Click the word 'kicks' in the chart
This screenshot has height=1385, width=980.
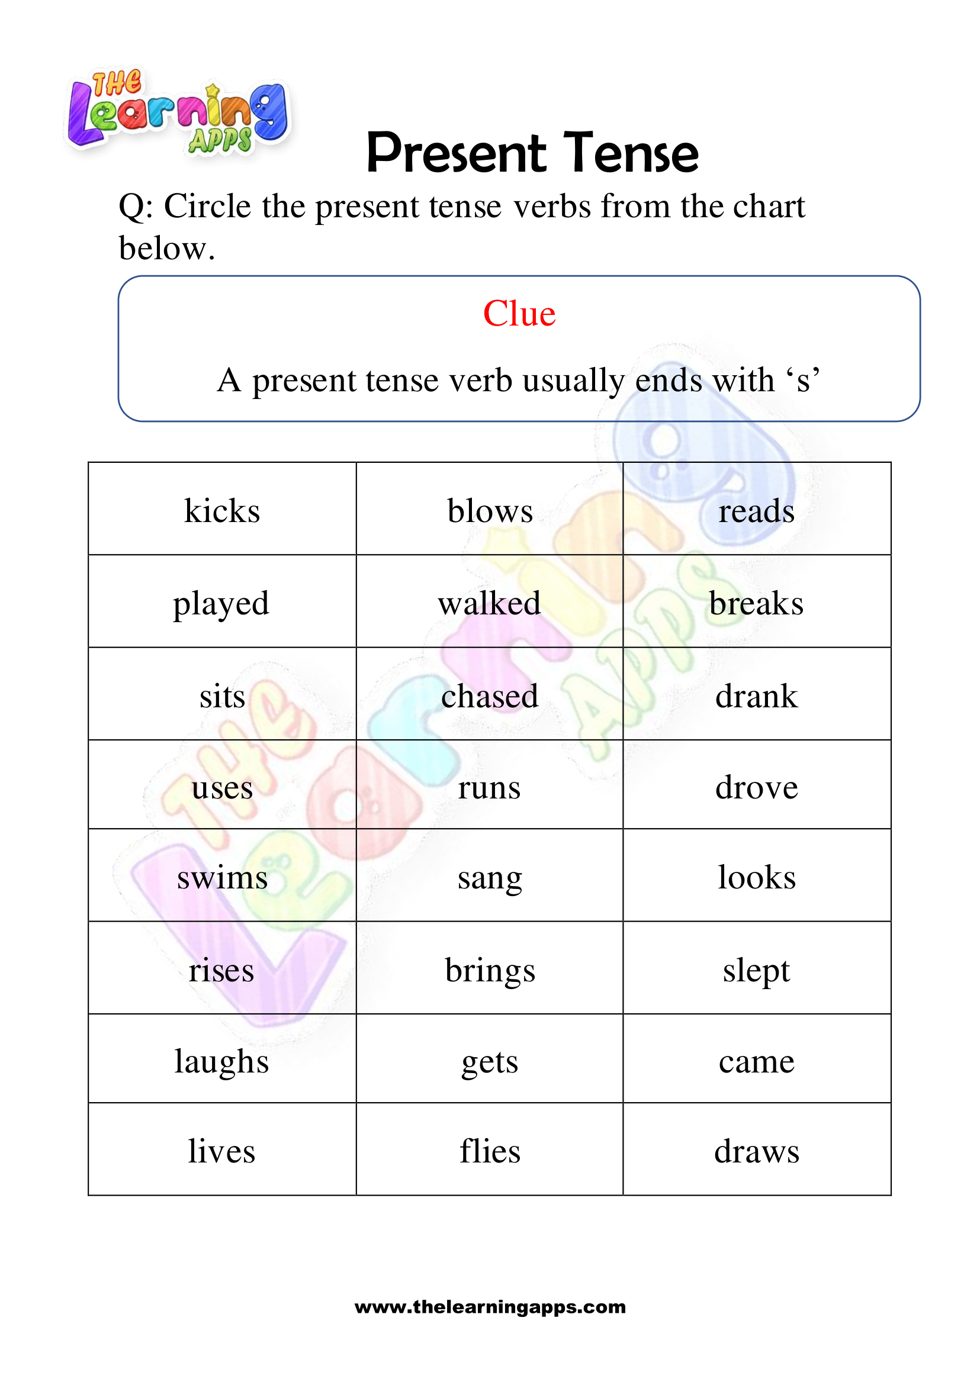pyautogui.click(x=222, y=511)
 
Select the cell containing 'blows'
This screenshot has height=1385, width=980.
pyautogui.click(x=489, y=511)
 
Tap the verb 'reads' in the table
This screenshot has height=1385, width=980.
pyautogui.click(x=756, y=511)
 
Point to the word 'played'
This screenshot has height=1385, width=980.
pyautogui.click(x=221, y=604)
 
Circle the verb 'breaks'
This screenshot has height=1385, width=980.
pyautogui.click(x=756, y=604)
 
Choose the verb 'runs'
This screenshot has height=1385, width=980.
pyautogui.click(x=489, y=788)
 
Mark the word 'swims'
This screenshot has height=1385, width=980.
pyautogui.click(x=222, y=878)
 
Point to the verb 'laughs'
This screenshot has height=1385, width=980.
pyautogui.click(x=221, y=1062)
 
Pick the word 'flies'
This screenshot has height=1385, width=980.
pyautogui.click(x=489, y=1151)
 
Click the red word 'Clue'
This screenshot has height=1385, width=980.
pyautogui.click(x=519, y=314)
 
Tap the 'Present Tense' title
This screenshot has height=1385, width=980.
pyautogui.click(x=532, y=153)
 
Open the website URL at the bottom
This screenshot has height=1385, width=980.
pyautogui.click(x=490, y=1307)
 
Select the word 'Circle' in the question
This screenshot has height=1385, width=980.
pyautogui.click(x=208, y=207)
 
